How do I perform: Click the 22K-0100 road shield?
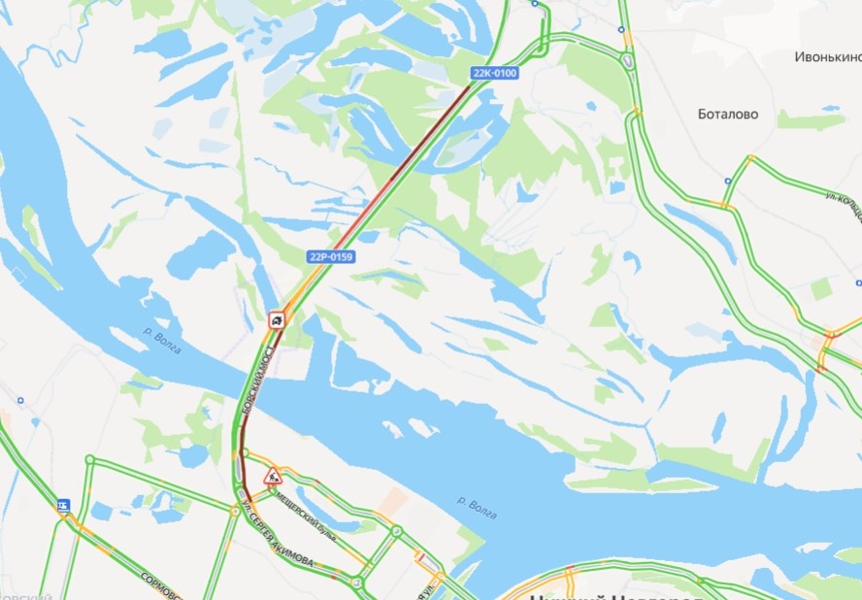tap(494, 74)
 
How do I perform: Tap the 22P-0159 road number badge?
tap(331, 257)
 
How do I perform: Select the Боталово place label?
tap(728, 114)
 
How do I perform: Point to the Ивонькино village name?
tap(827, 57)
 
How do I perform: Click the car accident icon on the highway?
tap(277, 319)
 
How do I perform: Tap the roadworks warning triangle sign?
tap(274, 476)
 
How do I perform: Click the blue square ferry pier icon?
tap(64, 505)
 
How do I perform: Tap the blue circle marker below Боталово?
tap(728, 181)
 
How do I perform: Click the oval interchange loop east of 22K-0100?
tap(628, 61)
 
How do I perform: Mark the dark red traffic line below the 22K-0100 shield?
tap(427, 135)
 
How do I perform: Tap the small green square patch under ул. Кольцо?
tap(821, 288)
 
